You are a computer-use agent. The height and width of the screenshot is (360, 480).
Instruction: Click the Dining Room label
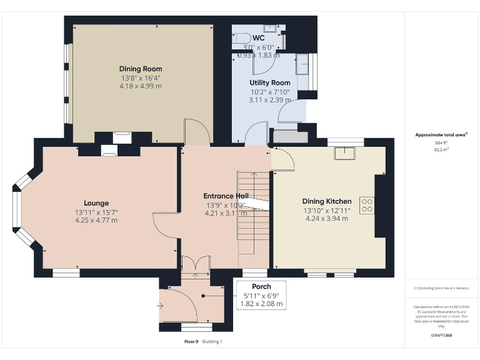[x=141, y=69]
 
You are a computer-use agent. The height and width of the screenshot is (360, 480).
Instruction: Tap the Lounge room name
[x=96, y=203]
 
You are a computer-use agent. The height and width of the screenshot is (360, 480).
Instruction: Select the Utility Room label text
[x=270, y=82]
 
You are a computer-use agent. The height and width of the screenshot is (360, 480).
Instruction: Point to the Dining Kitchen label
[x=327, y=201]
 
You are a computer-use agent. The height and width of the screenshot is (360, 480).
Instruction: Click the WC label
[x=259, y=37]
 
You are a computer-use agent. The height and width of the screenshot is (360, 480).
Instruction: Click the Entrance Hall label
[x=226, y=196]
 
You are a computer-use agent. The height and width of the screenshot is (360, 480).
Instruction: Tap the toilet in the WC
[x=241, y=38]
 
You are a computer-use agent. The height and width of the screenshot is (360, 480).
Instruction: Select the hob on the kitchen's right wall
[x=367, y=206]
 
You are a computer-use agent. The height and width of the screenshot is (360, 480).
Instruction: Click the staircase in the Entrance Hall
[x=253, y=212]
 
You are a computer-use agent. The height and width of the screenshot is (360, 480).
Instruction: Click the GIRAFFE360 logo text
[x=442, y=336]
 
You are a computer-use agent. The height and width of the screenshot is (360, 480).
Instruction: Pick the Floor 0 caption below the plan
[x=191, y=342]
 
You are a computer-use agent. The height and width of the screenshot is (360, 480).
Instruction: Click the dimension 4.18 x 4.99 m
[x=141, y=86]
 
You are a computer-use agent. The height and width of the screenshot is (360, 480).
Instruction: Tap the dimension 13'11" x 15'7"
[x=96, y=212]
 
